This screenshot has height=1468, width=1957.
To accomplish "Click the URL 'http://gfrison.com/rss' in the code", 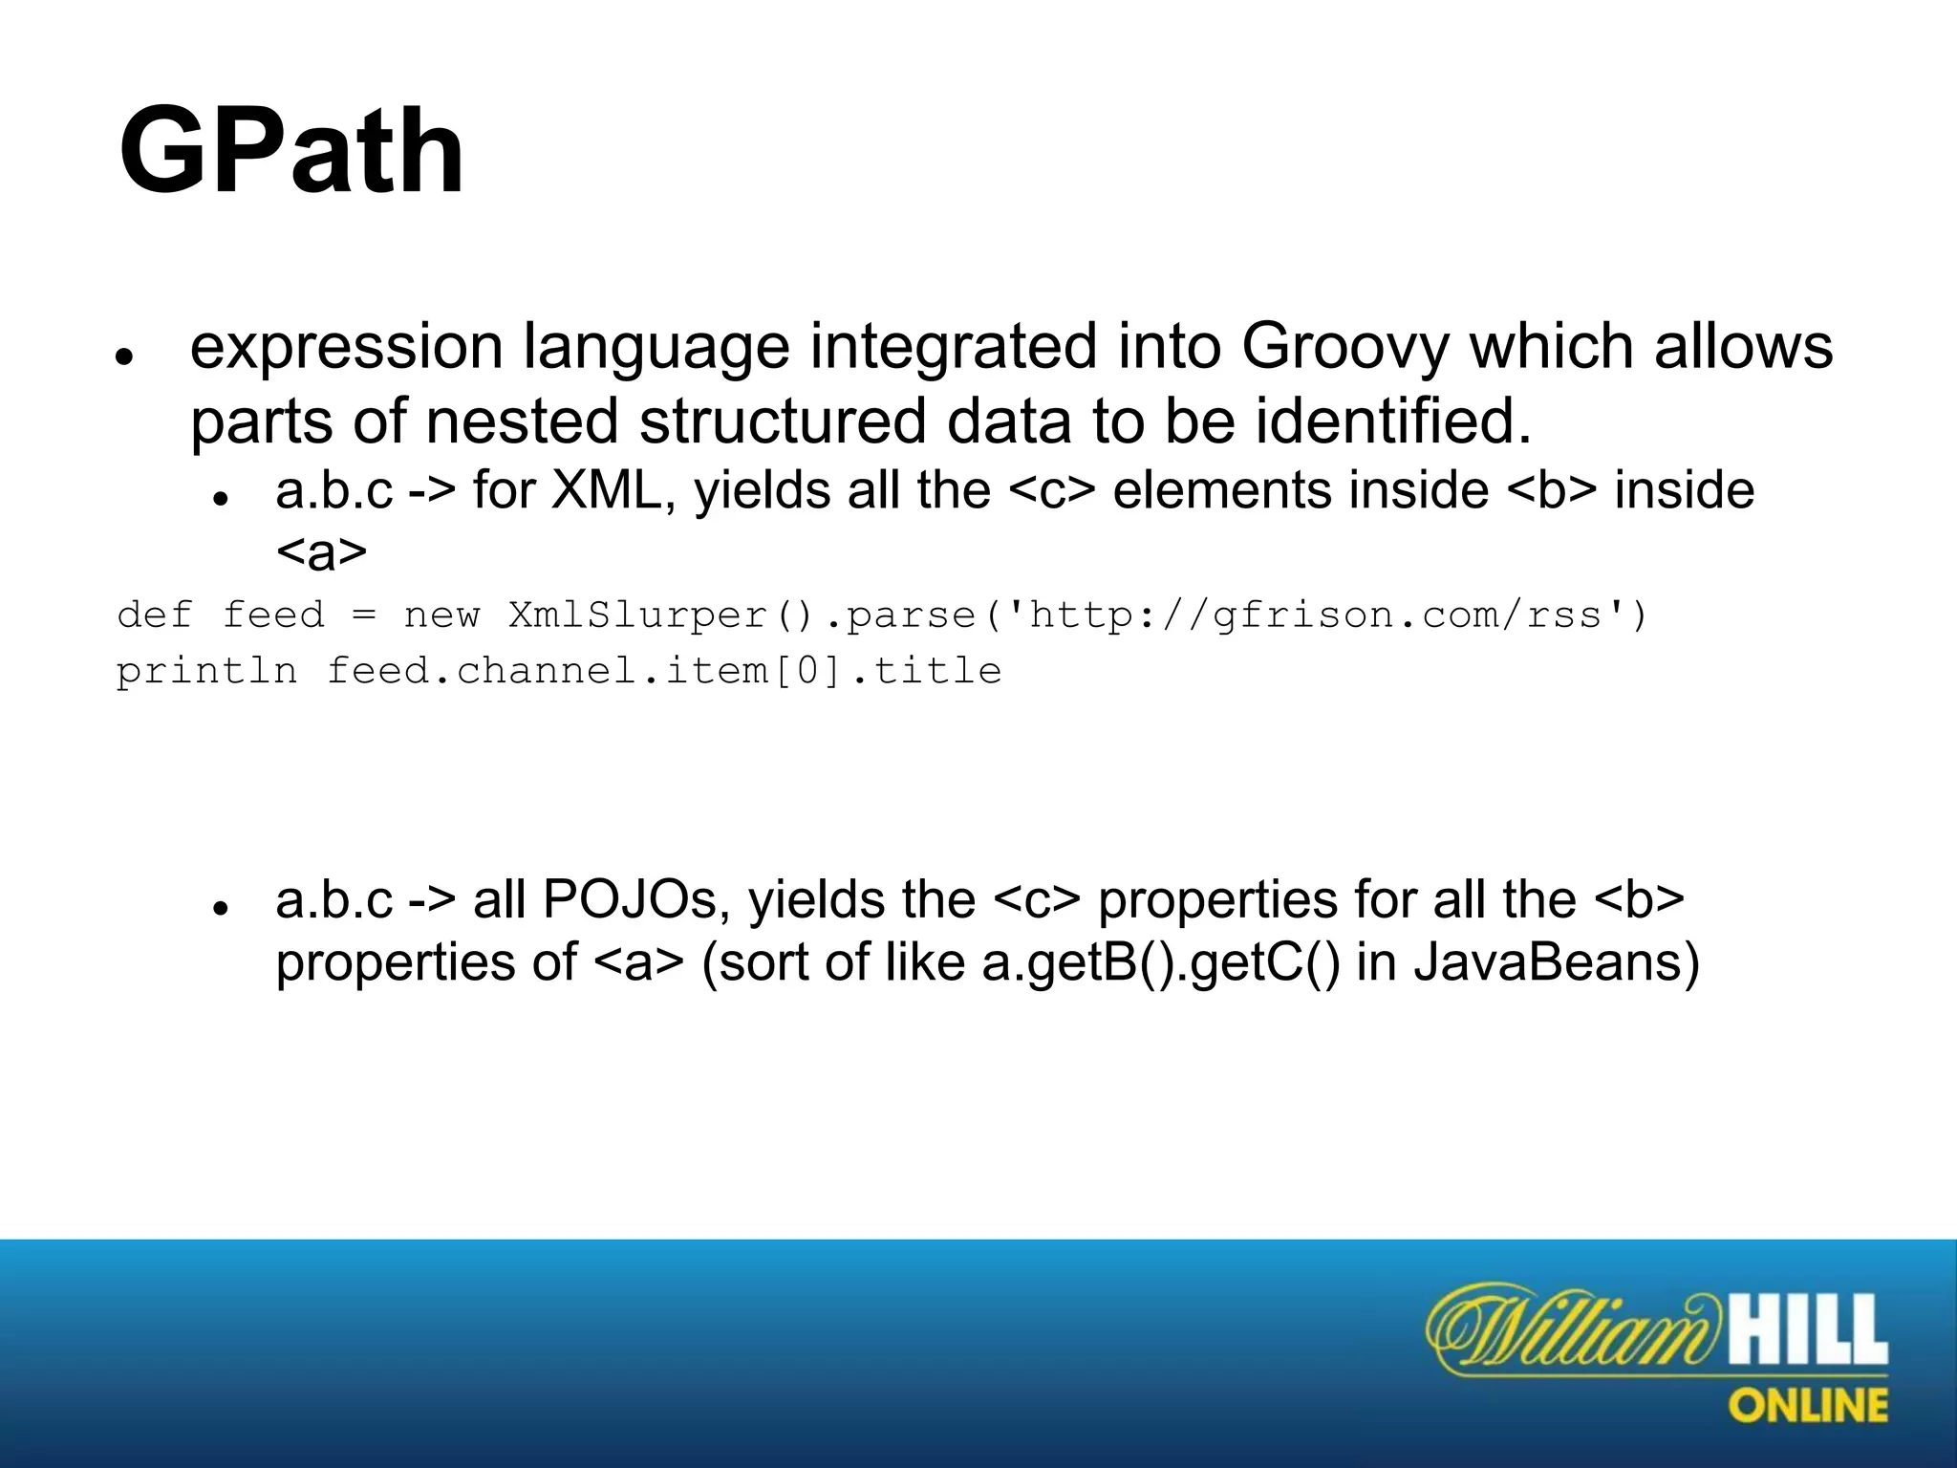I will (x=1314, y=615).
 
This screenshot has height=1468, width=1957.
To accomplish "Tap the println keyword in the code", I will (x=206, y=671).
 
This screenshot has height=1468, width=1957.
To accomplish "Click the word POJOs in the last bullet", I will (x=631, y=899).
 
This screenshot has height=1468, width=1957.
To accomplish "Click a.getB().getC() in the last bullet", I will (x=1161, y=961).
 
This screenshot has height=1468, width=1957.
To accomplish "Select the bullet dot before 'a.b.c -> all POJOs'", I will (x=220, y=907).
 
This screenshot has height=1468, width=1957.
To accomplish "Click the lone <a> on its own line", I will (x=321, y=552).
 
